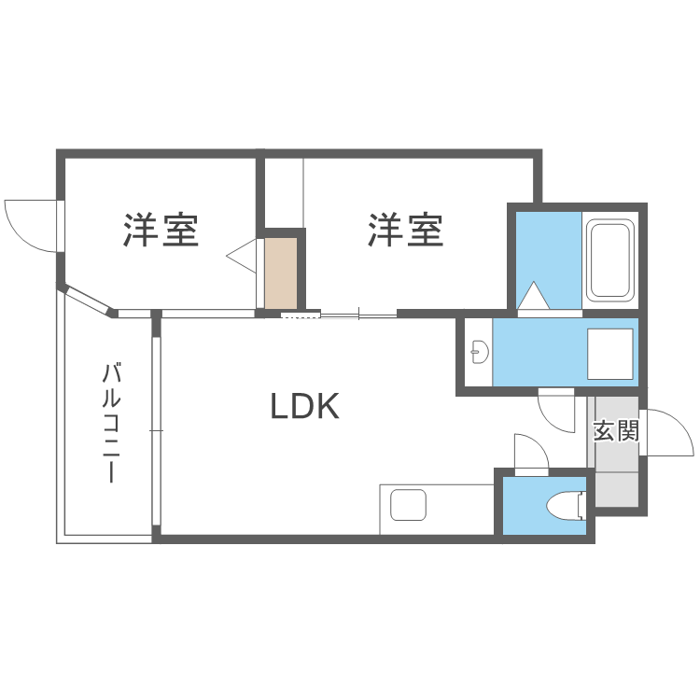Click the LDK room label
tap(303, 406)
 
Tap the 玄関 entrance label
tap(616, 431)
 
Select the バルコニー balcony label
tap(111, 422)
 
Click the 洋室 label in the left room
tap(161, 230)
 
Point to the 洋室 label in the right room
tap(405, 230)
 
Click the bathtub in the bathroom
tap(610, 260)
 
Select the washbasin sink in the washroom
tap(480, 352)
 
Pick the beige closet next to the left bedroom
tap(280, 273)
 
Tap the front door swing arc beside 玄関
tap(665, 431)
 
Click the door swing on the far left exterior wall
tap(30, 225)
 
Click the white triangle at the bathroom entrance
tap(536, 296)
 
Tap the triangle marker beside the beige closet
tap(243, 254)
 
